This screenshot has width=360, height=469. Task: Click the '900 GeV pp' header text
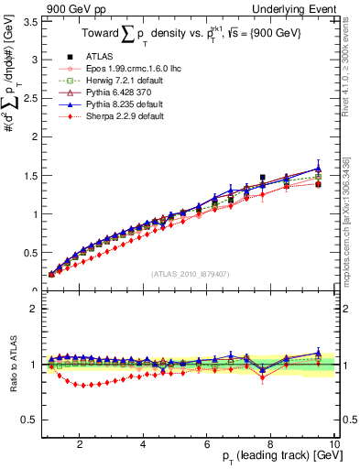(76, 7)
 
